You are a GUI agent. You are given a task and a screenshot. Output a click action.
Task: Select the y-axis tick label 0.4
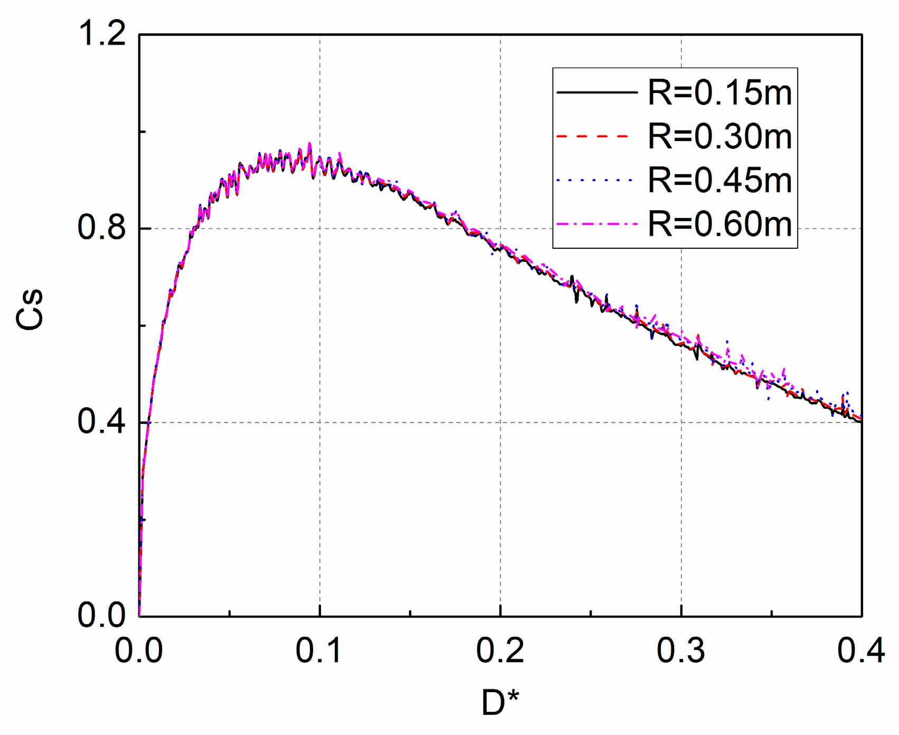point(101,422)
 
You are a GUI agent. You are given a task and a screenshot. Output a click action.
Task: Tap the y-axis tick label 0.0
point(101,615)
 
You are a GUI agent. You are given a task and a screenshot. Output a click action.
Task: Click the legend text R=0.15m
point(720,93)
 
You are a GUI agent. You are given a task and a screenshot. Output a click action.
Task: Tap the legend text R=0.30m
point(720,137)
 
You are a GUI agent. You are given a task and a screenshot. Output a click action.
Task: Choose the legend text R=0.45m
point(720,181)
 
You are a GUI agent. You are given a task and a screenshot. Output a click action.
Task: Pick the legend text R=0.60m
point(720,224)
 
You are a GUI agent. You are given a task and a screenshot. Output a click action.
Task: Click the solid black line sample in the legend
point(597,93)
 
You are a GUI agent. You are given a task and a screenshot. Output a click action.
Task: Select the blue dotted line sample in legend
point(594,181)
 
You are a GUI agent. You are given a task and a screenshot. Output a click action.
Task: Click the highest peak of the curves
point(310,143)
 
